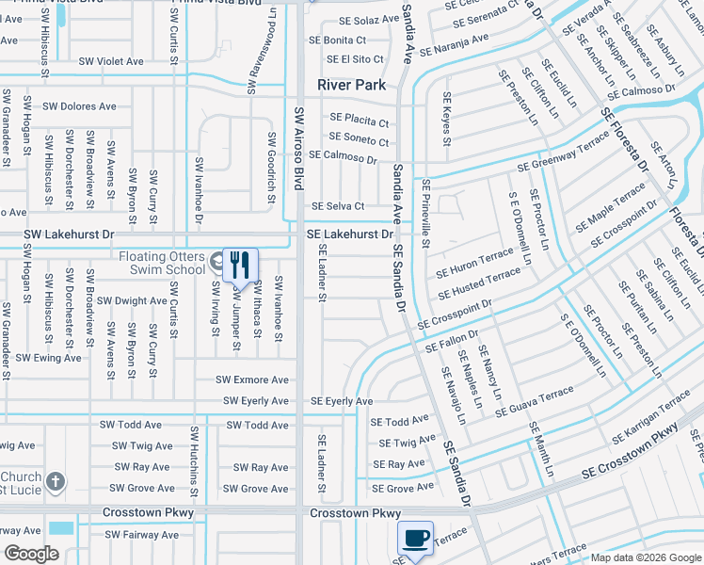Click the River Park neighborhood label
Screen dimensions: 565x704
pos(351,85)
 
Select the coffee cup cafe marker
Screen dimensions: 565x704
pos(415,538)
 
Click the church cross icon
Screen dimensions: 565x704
pos(56,483)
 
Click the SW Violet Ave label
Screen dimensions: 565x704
pos(111,61)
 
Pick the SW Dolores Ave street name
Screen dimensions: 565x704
pos(81,106)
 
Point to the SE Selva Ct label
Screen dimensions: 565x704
pos(338,206)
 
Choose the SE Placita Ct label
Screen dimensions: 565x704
pos(359,121)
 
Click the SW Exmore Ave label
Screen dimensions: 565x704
pos(252,379)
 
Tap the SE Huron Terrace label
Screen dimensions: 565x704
pos(475,264)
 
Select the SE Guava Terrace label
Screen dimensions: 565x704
pos(534,402)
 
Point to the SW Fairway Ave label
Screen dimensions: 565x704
pos(141,535)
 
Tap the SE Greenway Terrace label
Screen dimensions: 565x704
pos(561,155)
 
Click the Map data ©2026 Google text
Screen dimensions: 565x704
pos(645,557)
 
